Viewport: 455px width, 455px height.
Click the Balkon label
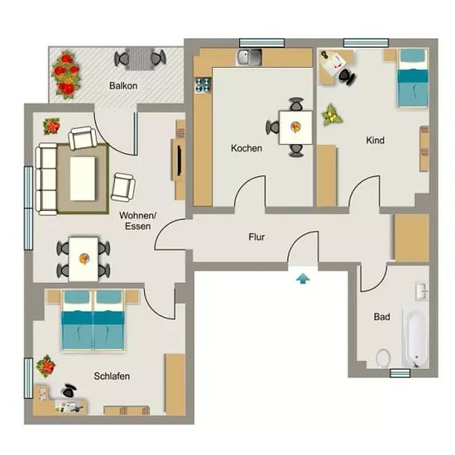click(x=123, y=86)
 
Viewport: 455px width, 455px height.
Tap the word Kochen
click(x=247, y=148)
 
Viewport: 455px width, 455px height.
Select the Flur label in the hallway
click(x=256, y=237)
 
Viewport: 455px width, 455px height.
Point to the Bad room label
click(x=381, y=317)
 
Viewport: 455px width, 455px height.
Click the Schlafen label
click(x=112, y=376)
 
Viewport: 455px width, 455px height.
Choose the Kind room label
click(x=376, y=141)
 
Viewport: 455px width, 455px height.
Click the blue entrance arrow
click(x=303, y=279)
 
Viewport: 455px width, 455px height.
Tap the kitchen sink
click(x=250, y=57)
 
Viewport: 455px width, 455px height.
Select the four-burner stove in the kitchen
click(x=203, y=84)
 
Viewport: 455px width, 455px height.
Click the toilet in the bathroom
click(x=383, y=357)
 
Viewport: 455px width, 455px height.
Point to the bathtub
click(x=416, y=339)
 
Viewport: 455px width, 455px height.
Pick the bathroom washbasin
click(x=422, y=291)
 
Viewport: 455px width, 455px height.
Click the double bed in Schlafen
click(x=93, y=320)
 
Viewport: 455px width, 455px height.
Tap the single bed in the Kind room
click(x=412, y=78)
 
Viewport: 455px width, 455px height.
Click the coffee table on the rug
click(x=83, y=179)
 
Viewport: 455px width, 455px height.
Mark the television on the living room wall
click(x=180, y=160)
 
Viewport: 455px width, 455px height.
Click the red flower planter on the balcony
click(x=66, y=74)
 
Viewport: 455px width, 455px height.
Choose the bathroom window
click(x=400, y=373)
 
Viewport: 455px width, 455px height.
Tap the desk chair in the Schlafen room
click(x=69, y=390)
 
